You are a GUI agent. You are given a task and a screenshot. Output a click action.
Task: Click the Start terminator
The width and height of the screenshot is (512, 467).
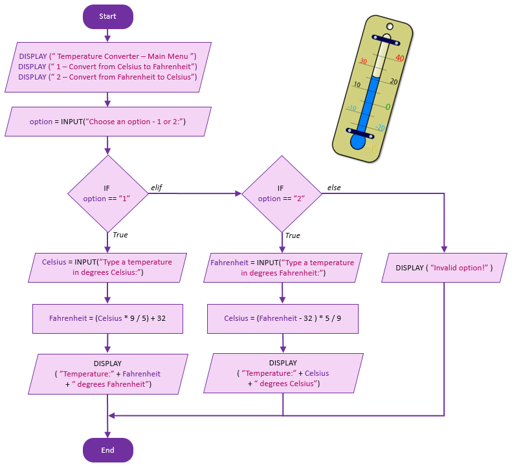[x=107, y=16]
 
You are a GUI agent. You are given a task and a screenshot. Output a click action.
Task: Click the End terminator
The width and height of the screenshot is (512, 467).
[x=107, y=450]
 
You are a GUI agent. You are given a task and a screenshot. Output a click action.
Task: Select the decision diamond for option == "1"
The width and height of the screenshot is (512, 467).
[x=107, y=193]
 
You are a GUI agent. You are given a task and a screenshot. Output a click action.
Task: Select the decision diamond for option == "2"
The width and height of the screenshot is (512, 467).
[x=281, y=193]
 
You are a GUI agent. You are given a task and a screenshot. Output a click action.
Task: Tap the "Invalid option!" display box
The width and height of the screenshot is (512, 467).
[x=444, y=267]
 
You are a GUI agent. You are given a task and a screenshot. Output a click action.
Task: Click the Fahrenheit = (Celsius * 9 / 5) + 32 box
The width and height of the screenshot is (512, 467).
[x=107, y=318]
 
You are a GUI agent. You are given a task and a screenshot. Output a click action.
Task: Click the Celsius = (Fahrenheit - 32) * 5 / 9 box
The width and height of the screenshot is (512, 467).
[x=282, y=318]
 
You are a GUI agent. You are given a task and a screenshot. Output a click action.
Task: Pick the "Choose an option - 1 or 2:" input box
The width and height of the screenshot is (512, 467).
[x=107, y=122]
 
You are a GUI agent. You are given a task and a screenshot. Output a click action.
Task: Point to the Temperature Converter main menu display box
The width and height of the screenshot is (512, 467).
[x=107, y=67]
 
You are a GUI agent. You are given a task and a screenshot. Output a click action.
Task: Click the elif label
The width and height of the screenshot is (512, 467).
[x=156, y=188]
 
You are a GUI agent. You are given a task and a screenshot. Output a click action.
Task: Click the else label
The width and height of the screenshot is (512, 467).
[x=334, y=188]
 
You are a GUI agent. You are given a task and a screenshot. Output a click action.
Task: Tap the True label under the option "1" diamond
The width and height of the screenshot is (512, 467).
[x=120, y=235]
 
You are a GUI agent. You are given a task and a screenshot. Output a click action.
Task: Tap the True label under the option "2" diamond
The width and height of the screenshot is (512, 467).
[x=293, y=235]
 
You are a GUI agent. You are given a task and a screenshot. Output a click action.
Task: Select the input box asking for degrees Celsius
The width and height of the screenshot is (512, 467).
[x=107, y=267]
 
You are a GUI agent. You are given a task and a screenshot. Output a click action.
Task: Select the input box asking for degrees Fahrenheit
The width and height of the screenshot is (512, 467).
[x=282, y=267]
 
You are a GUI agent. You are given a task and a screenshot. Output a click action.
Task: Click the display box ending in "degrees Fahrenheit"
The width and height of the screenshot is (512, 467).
[x=107, y=374]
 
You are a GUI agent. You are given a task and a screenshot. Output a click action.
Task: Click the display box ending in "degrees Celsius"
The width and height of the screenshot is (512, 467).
[x=282, y=374]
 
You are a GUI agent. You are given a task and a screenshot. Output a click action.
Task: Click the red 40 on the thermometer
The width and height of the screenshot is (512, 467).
[x=399, y=58]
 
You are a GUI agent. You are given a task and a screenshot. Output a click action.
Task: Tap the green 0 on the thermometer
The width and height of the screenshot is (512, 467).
[x=388, y=107]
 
